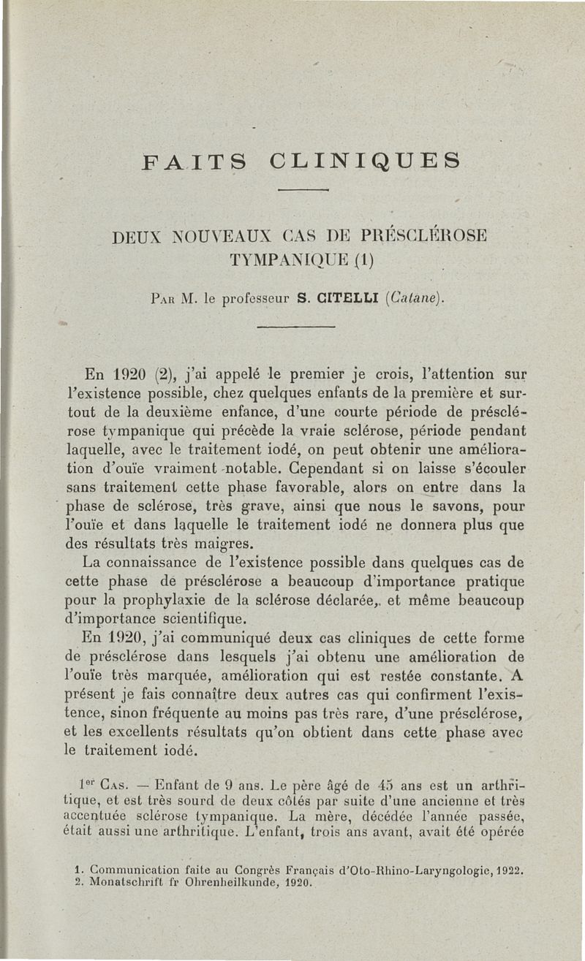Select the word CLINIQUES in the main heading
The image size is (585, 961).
(365, 159)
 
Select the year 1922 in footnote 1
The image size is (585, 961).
(513, 870)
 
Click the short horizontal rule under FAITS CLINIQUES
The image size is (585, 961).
(301, 192)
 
